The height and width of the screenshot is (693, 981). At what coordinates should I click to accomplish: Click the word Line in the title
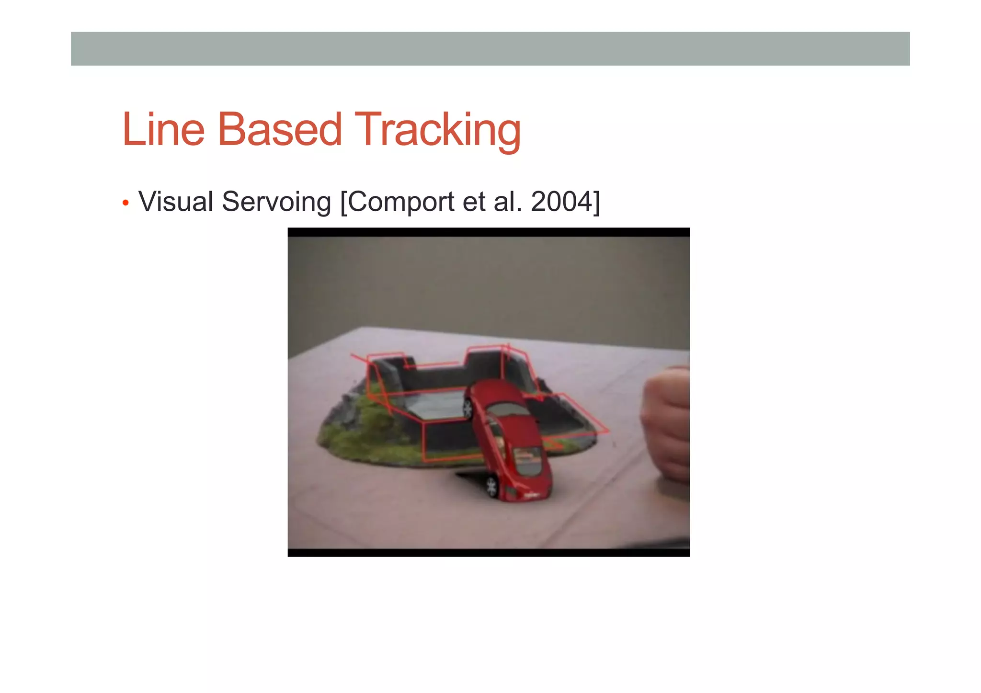pos(163,129)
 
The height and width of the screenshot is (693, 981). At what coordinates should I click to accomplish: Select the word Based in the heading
pos(279,129)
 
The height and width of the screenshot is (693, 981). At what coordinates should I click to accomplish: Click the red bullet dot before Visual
pos(125,203)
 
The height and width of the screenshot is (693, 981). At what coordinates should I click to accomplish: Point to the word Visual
pos(176,202)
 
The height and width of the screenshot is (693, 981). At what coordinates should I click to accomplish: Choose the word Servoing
pos(276,202)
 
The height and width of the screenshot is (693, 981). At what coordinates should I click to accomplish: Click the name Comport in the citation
pos(400,202)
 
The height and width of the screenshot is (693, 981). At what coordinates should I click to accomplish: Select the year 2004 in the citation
pos(561,202)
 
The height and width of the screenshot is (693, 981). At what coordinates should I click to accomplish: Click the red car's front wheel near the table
pos(491,487)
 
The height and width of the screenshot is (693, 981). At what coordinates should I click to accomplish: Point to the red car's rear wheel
pos(468,409)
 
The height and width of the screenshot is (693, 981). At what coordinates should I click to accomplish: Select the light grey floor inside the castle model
pos(436,405)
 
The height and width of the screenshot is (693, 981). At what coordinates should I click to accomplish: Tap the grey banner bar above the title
pos(490,48)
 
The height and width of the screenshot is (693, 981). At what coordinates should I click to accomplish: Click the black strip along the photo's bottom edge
pos(489,553)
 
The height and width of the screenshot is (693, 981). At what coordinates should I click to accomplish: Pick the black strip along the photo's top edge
pos(489,232)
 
